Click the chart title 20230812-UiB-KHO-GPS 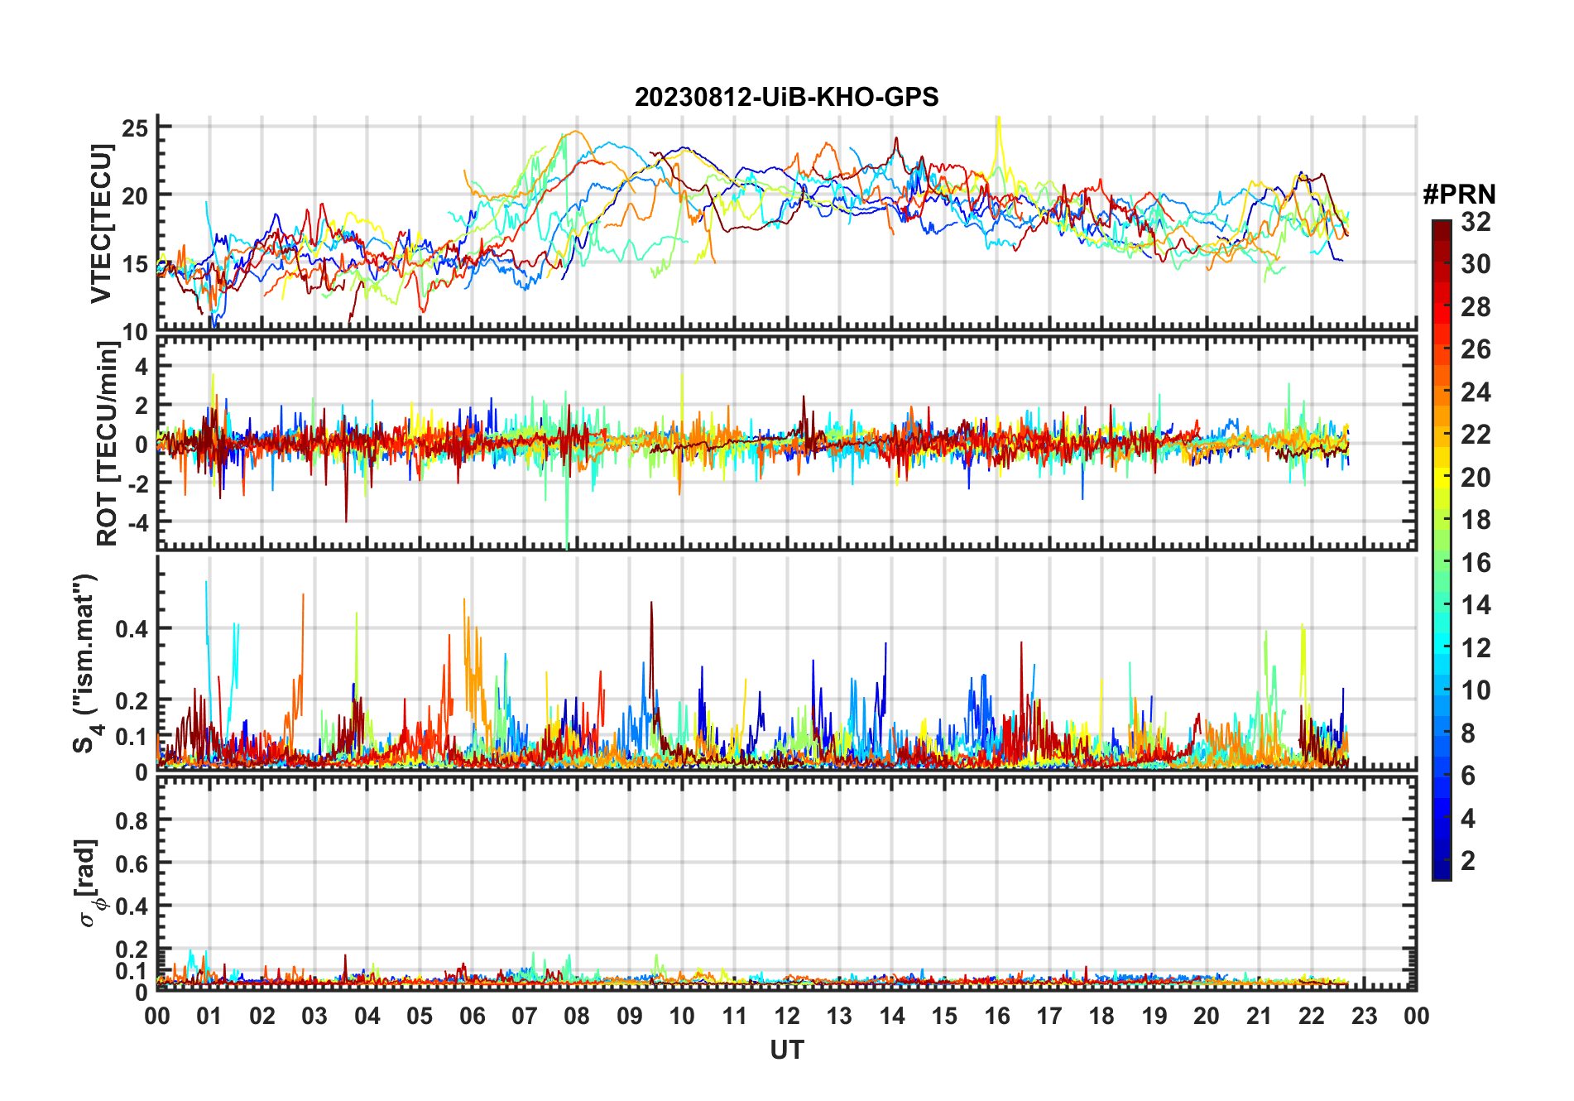point(786,97)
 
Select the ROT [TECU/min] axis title point(107,443)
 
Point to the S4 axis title point(85,662)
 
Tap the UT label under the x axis point(786,1050)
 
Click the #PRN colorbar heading point(1459,195)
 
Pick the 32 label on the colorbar point(1476,222)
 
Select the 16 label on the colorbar point(1476,563)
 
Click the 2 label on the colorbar point(1468,861)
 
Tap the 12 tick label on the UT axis point(787,1016)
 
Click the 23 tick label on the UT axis point(1364,1016)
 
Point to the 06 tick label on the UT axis point(472,1016)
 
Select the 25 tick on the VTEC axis point(135,127)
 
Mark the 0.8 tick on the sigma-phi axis point(132,820)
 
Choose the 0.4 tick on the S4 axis point(132,628)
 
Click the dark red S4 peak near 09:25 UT point(651,604)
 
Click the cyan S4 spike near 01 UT point(206,584)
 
